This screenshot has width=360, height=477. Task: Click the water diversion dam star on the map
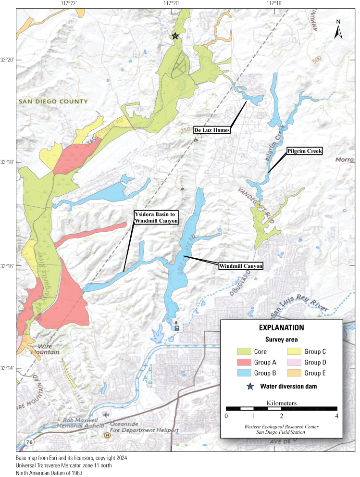175,36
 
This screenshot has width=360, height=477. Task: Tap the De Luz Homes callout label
212,130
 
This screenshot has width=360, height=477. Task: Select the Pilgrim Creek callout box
304,151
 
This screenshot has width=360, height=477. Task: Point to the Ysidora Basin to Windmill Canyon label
156,217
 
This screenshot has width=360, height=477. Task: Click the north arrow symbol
338,29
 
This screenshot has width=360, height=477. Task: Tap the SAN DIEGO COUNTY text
53,101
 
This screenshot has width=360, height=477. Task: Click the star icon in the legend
249,386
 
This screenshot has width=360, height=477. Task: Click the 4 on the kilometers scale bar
336,415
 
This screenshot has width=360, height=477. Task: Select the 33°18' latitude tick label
8,163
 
